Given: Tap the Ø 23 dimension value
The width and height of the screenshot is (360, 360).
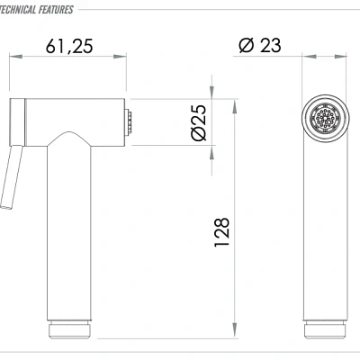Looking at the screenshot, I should pos(260,46).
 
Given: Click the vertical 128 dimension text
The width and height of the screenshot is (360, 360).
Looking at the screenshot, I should pos(222,232).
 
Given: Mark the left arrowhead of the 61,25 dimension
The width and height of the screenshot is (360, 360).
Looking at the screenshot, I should pos(13,58).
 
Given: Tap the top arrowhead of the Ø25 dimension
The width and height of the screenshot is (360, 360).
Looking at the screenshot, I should pos(212,91).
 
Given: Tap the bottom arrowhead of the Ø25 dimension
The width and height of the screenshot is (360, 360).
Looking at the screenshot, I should pos(212,148).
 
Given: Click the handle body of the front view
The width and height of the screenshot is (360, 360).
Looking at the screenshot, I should pos(325,234).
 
